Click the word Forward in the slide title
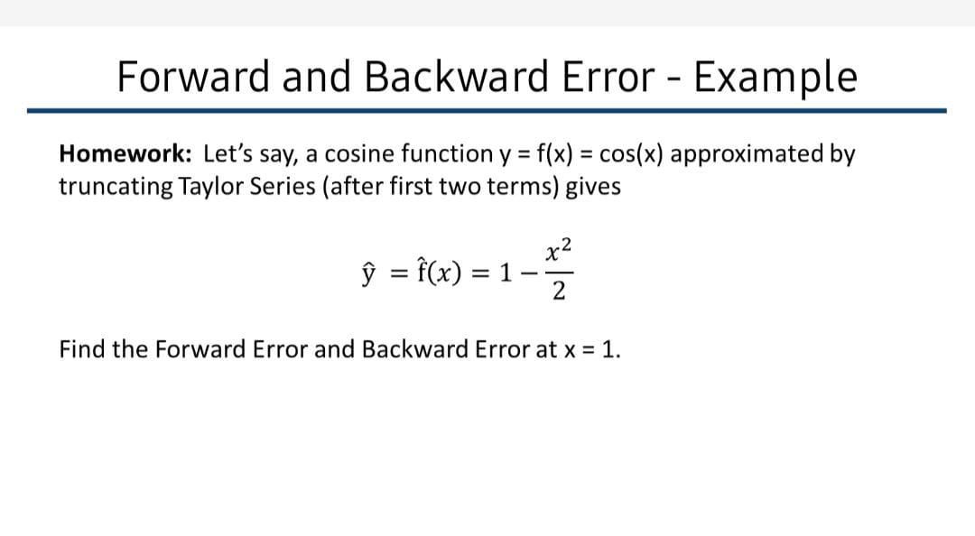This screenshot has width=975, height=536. coord(193,76)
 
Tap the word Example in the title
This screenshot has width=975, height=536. coord(775,79)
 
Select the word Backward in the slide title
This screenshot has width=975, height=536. coord(457,76)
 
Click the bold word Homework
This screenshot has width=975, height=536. coord(125,153)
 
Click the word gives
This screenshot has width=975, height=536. coord(592,187)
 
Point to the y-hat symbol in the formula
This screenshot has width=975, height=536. coord(368,273)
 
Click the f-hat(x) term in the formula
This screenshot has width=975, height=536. coord(439,272)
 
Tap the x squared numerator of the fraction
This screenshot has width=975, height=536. coord(559,250)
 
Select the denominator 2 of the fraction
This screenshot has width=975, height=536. coord(559,291)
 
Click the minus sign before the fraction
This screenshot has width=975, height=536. coord(528,273)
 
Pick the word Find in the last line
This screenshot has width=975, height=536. coord(83,349)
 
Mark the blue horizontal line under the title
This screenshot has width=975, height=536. coord(487,111)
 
